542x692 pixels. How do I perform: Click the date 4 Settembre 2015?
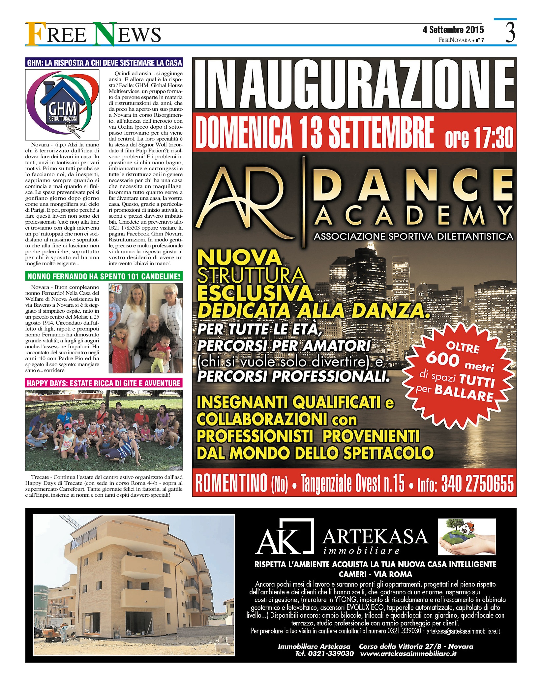(x=453, y=30)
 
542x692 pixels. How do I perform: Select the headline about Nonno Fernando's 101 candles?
(x=104, y=276)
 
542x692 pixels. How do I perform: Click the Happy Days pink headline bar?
(x=104, y=383)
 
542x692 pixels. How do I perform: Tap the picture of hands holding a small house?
(x=466, y=537)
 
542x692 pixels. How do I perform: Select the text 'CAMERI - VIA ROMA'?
(x=375, y=574)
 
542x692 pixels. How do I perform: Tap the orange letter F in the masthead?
(x=34, y=34)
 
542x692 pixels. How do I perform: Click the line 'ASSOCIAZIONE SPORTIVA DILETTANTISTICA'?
(x=413, y=236)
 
